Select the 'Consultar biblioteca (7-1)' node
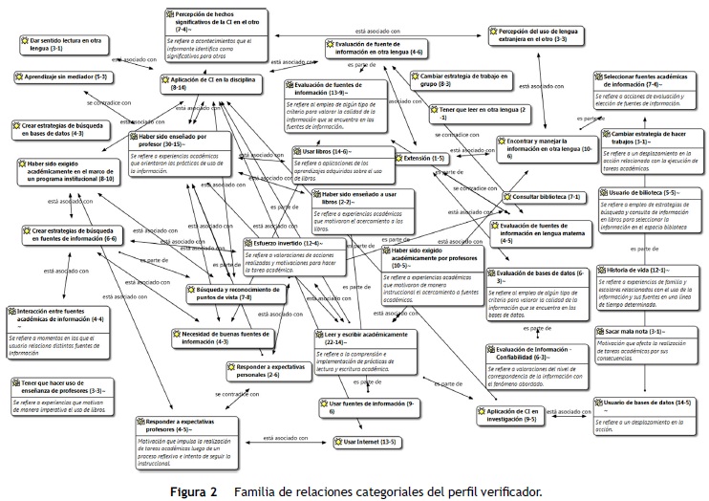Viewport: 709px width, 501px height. click(547, 197)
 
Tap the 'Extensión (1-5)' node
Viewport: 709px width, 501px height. click(423, 158)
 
